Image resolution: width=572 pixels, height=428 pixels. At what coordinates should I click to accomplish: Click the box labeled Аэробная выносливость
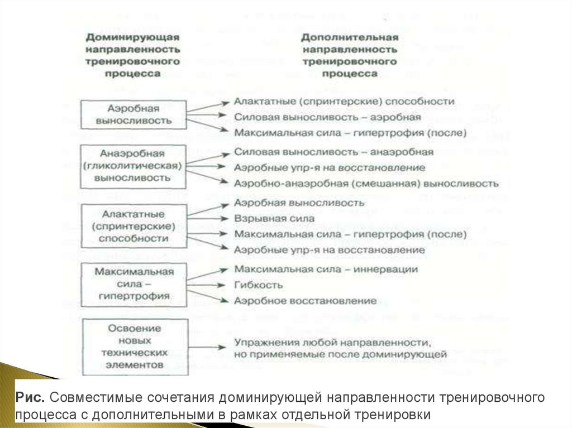coord(133,114)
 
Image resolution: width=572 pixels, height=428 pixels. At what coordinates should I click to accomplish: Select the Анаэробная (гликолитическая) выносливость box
coord(133,165)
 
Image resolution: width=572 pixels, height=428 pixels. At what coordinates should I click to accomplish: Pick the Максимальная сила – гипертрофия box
coord(133,283)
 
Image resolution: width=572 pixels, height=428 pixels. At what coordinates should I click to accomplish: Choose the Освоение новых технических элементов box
coord(133,347)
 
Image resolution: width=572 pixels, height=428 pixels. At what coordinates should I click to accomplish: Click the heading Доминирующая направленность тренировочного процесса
coord(132,55)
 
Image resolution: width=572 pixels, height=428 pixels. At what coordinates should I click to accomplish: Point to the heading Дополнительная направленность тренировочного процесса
coord(349,55)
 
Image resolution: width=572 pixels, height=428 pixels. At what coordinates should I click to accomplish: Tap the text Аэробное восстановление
coord(306,301)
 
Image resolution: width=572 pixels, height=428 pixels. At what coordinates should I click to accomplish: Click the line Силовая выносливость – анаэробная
coord(333,152)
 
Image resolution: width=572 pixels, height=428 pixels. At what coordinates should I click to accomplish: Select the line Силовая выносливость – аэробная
coord(327,118)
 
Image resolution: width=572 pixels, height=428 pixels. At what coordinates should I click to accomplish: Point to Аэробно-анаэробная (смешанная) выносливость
coord(366,183)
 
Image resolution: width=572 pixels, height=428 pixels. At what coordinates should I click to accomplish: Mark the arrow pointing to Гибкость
coord(206,285)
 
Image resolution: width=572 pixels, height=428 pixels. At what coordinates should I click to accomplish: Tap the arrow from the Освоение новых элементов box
coord(206,347)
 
